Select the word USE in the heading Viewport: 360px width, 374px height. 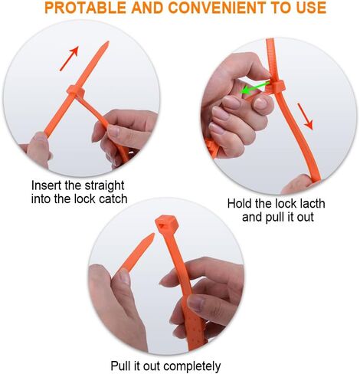(x=309, y=8)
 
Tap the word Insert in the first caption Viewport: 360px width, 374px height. (x=47, y=185)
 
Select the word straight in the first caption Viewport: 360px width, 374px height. (x=103, y=185)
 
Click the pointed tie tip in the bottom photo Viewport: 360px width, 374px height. (x=149, y=238)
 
